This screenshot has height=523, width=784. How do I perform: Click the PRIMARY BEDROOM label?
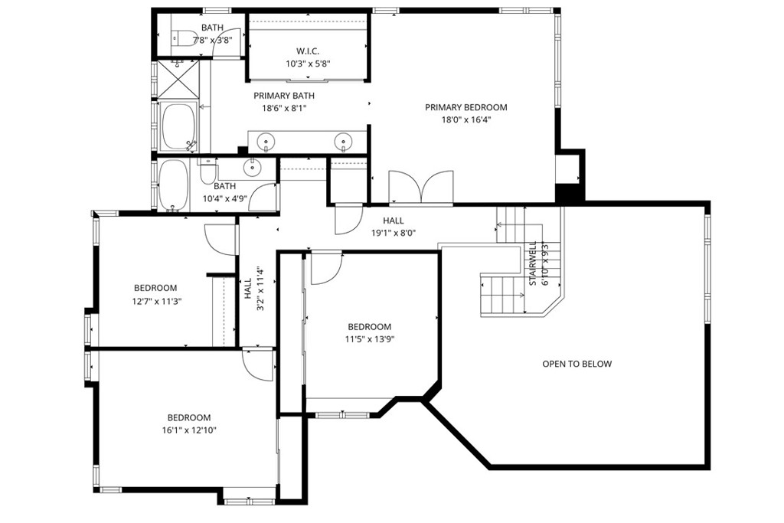coord(465,107)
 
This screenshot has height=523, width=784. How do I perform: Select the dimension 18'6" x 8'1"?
coord(284,108)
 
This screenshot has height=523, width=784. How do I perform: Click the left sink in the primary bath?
coord(266,141)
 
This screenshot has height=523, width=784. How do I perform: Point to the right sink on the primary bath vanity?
coord(344,141)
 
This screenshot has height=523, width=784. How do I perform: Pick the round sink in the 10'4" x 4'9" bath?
coord(252,167)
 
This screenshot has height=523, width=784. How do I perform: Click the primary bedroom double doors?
coord(420,187)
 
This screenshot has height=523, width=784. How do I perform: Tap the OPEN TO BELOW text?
coord(577,364)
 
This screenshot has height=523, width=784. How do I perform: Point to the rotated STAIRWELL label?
coord(532,264)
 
